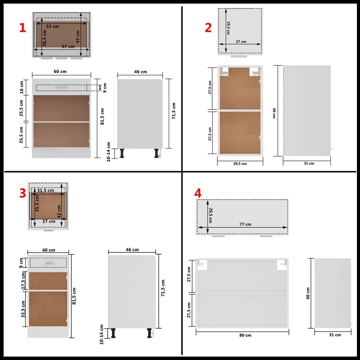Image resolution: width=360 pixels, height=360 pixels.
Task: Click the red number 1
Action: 22,28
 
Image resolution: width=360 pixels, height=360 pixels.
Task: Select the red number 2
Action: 208,27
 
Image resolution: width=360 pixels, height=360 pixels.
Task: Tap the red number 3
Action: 22,193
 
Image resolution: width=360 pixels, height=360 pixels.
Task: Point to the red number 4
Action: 198,193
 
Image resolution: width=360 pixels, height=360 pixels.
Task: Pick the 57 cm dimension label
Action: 68,46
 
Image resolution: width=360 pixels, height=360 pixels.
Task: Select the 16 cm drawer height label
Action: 22,87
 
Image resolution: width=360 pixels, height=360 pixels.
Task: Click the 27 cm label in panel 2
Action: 241,41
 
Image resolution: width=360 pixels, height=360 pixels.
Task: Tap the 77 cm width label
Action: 245,224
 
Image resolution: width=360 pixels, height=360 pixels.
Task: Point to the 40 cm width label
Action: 49,250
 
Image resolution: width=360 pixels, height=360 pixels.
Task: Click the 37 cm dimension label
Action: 49,221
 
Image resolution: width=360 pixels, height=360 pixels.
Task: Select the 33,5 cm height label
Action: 23,309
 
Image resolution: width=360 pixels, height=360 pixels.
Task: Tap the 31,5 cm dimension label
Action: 46,191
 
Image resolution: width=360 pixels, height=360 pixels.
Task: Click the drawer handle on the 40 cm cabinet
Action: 48,263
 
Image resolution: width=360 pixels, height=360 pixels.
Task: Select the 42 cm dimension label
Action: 59,211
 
